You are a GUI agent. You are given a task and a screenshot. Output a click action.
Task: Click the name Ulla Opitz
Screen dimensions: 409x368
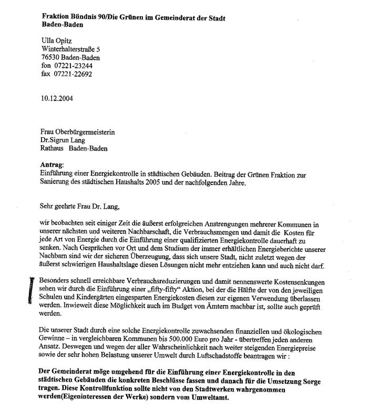click(x=57, y=41)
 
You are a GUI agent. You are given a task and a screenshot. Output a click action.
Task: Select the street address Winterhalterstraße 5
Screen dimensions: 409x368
click(x=71, y=49)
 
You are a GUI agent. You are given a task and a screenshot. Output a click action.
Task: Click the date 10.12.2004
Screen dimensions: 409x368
click(x=57, y=98)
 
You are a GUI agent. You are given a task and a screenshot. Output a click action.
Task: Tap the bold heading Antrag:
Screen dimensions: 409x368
click(x=52, y=165)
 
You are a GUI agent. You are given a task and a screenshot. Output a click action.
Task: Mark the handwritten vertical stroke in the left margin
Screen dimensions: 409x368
click(x=32, y=289)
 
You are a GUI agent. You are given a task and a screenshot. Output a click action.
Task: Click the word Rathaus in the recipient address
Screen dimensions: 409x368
click(x=53, y=148)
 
